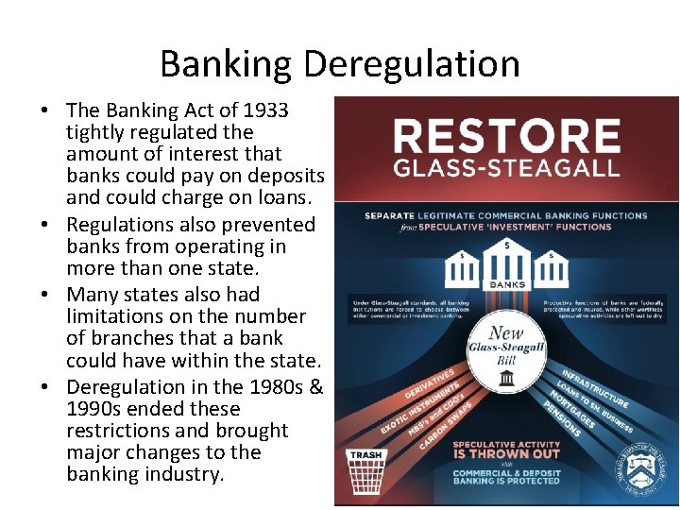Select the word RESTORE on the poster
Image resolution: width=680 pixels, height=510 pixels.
[506, 136]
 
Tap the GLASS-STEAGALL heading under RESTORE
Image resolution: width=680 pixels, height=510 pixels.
[506, 169]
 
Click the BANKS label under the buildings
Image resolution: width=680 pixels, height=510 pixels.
[506, 284]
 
